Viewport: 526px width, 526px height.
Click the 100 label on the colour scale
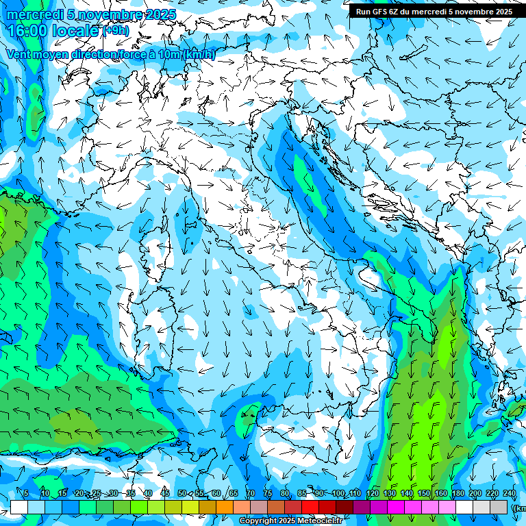point(338,494)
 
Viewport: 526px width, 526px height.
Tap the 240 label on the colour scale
point(510,494)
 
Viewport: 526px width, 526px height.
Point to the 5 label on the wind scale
point(26,494)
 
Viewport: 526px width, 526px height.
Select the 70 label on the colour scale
point(250,494)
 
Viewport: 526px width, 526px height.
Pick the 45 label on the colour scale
point(164,494)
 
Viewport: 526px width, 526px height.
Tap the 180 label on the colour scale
point(458,494)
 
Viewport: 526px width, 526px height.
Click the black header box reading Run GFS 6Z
point(434,11)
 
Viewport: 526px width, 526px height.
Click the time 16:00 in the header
point(29,31)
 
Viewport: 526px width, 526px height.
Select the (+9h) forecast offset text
point(116,31)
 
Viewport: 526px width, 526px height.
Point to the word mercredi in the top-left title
point(32,14)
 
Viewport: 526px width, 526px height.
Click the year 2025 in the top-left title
point(157,14)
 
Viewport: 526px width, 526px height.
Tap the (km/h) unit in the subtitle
point(199,54)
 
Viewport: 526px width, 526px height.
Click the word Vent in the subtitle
point(18,54)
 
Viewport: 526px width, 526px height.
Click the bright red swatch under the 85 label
point(310,508)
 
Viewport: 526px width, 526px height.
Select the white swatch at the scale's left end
point(19,508)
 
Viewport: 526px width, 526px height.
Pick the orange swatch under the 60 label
point(225,508)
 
